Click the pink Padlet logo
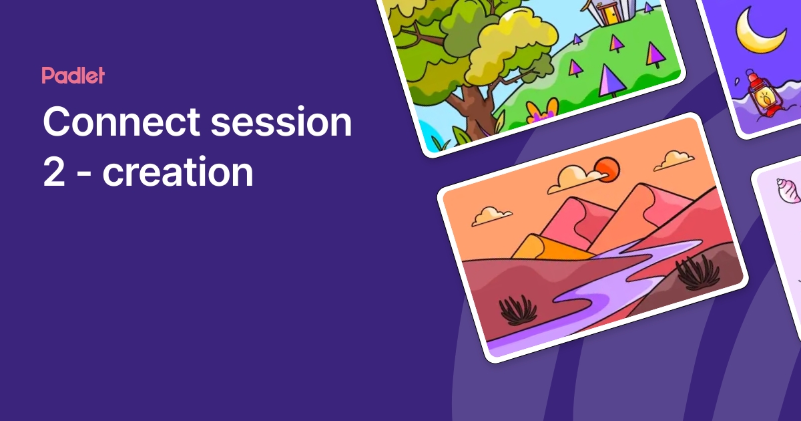(73, 76)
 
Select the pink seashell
(788, 191)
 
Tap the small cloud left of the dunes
(491, 215)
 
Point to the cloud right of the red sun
(674, 160)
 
